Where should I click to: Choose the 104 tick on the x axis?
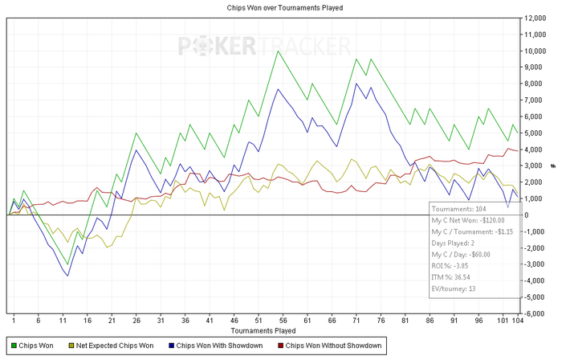point(518,320)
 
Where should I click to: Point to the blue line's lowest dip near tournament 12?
point(67,276)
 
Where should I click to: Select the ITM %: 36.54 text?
point(453,276)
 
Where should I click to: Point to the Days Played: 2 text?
point(455,243)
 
